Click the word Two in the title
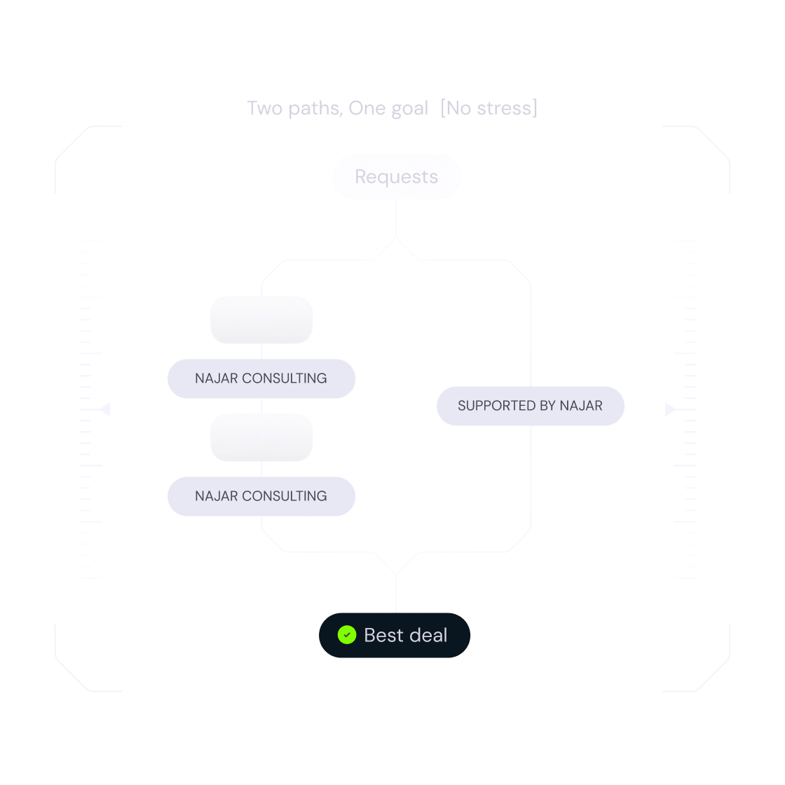click(x=264, y=109)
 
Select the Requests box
click(x=397, y=177)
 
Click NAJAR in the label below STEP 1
click(x=216, y=378)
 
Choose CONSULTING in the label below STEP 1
click(x=284, y=378)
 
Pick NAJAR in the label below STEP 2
click(x=216, y=496)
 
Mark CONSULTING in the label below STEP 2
click(x=284, y=496)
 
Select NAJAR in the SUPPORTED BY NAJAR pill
click(x=581, y=406)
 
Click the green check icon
click(x=346, y=635)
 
